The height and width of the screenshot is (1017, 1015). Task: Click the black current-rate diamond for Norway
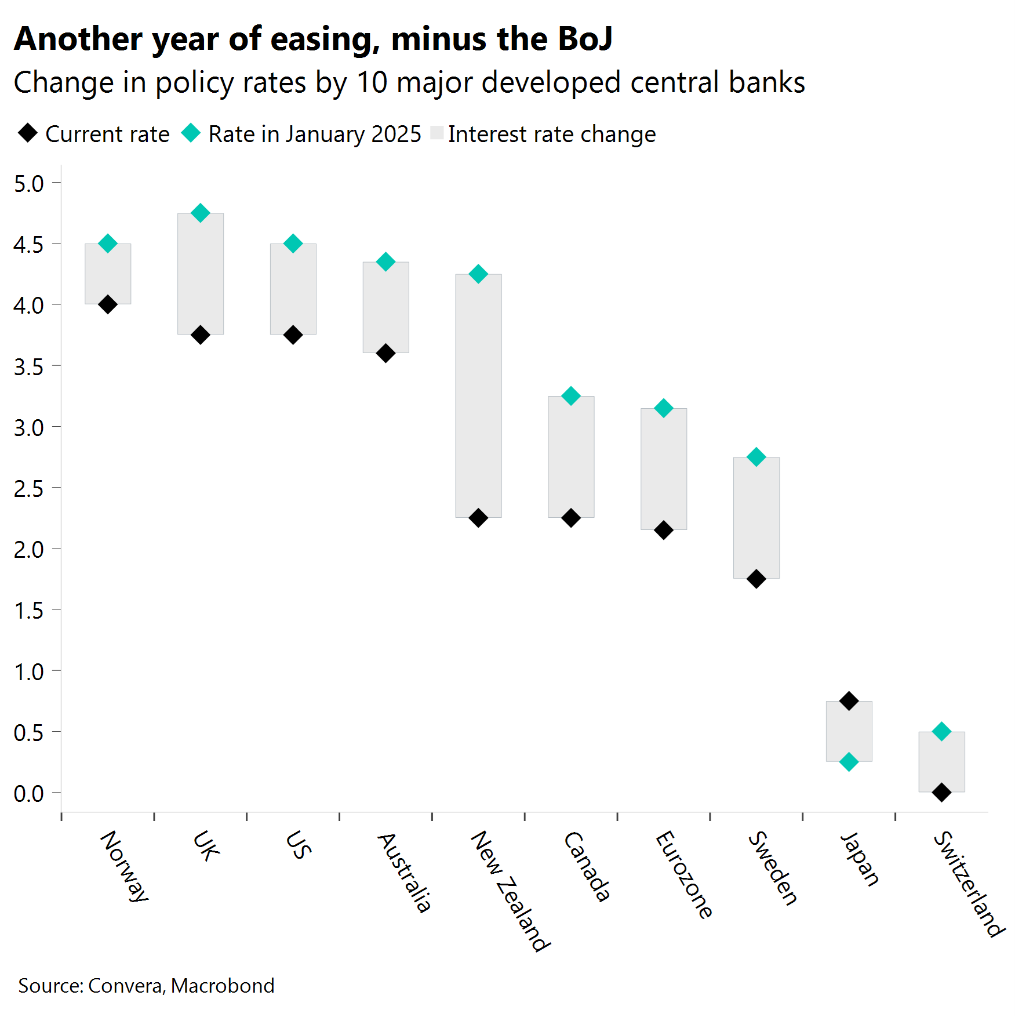(108, 304)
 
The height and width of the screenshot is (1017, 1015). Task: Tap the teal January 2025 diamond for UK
(200, 213)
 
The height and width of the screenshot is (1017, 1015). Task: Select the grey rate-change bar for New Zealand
(478, 395)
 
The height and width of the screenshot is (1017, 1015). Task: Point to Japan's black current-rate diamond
(849, 701)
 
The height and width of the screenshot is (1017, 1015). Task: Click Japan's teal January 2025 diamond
(849, 762)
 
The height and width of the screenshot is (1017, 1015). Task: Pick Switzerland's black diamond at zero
(941, 792)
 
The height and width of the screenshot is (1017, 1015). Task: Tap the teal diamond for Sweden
(756, 457)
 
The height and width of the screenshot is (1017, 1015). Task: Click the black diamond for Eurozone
(663, 530)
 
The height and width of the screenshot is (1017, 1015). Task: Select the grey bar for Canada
(571, 456)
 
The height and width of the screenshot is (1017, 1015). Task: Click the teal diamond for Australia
(385, 261)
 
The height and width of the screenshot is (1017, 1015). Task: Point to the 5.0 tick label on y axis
(29, 184)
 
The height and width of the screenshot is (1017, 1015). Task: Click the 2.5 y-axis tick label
(29, 489)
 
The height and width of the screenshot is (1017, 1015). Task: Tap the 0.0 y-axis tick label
(29, 794)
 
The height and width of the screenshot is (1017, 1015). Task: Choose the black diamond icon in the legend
(28, 133)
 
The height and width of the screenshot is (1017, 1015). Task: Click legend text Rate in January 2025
(315, 134)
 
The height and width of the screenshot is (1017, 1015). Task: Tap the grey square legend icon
(437, 133)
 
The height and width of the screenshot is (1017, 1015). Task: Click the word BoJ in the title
(585, 39)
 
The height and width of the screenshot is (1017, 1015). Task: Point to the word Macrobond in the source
(223, 986)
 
